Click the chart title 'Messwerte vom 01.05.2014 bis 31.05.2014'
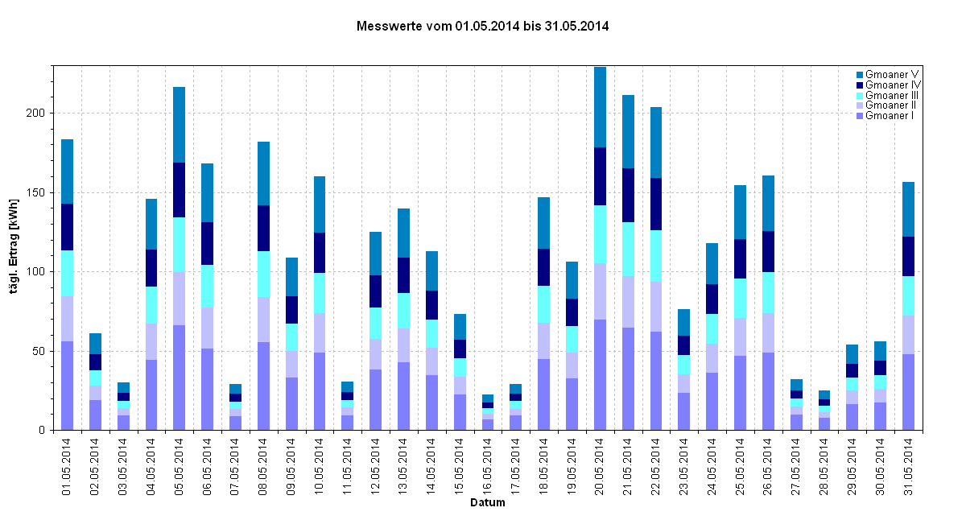482,27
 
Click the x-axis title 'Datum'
488,504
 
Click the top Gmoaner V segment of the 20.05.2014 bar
600,107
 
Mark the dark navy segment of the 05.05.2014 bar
180,190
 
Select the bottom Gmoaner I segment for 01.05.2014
68,386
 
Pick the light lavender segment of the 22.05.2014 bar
656,307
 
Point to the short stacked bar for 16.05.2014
488,412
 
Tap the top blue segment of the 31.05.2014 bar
908,209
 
